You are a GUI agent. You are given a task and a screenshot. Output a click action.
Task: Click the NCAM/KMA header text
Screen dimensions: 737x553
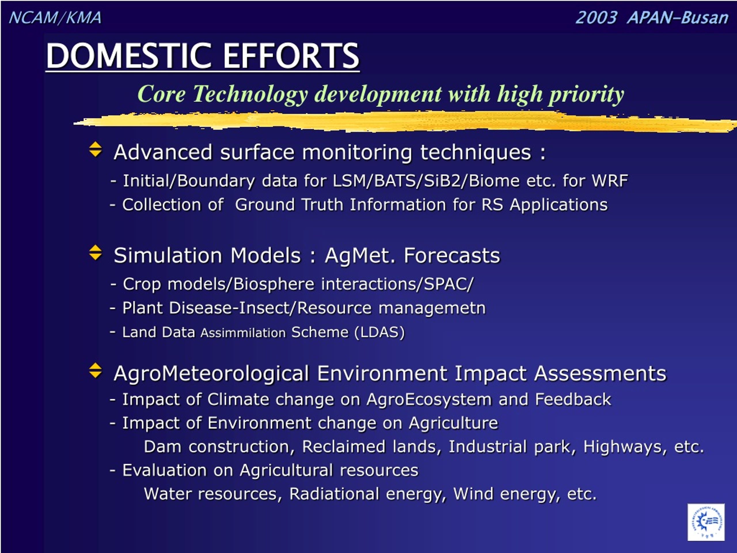pyautogui.click(x=55, y=18)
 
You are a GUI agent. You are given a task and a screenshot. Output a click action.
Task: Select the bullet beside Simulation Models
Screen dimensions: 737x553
pyautogui.click(x=96, y=253)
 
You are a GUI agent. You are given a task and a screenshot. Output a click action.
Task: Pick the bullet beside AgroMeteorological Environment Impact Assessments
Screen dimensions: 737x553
pyautogui.click(x=96, y=370)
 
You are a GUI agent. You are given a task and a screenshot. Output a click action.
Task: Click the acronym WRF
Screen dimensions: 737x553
pyautogui.click(x=610, y=181)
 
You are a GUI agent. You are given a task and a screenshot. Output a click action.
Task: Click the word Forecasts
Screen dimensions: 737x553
pyautogui.click(x=452, y=256)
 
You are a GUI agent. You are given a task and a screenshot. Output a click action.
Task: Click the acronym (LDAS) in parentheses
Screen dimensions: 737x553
pyautogui.click(x=379, y=332)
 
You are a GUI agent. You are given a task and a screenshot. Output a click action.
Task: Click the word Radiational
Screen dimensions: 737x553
pyautogui.click(x=335, y=494)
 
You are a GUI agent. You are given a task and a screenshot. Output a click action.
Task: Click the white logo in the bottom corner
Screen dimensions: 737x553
pyautogui.click(x=706, y=522)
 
